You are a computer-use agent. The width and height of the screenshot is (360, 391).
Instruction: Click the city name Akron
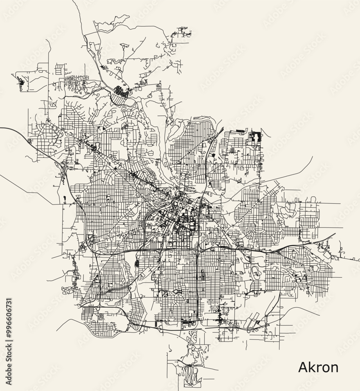coord(318,367)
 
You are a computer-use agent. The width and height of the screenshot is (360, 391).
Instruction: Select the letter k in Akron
coord(312,367)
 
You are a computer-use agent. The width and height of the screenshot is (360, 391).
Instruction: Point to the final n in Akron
coord(334,368)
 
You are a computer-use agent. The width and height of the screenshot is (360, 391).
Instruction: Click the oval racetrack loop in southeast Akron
coord(256,272)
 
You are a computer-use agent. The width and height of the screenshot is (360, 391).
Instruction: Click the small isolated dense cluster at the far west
coord(21,83)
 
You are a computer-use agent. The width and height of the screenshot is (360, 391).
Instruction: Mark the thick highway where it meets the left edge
coord(2,128)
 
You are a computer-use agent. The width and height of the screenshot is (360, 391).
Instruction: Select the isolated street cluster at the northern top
coord(182,31)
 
